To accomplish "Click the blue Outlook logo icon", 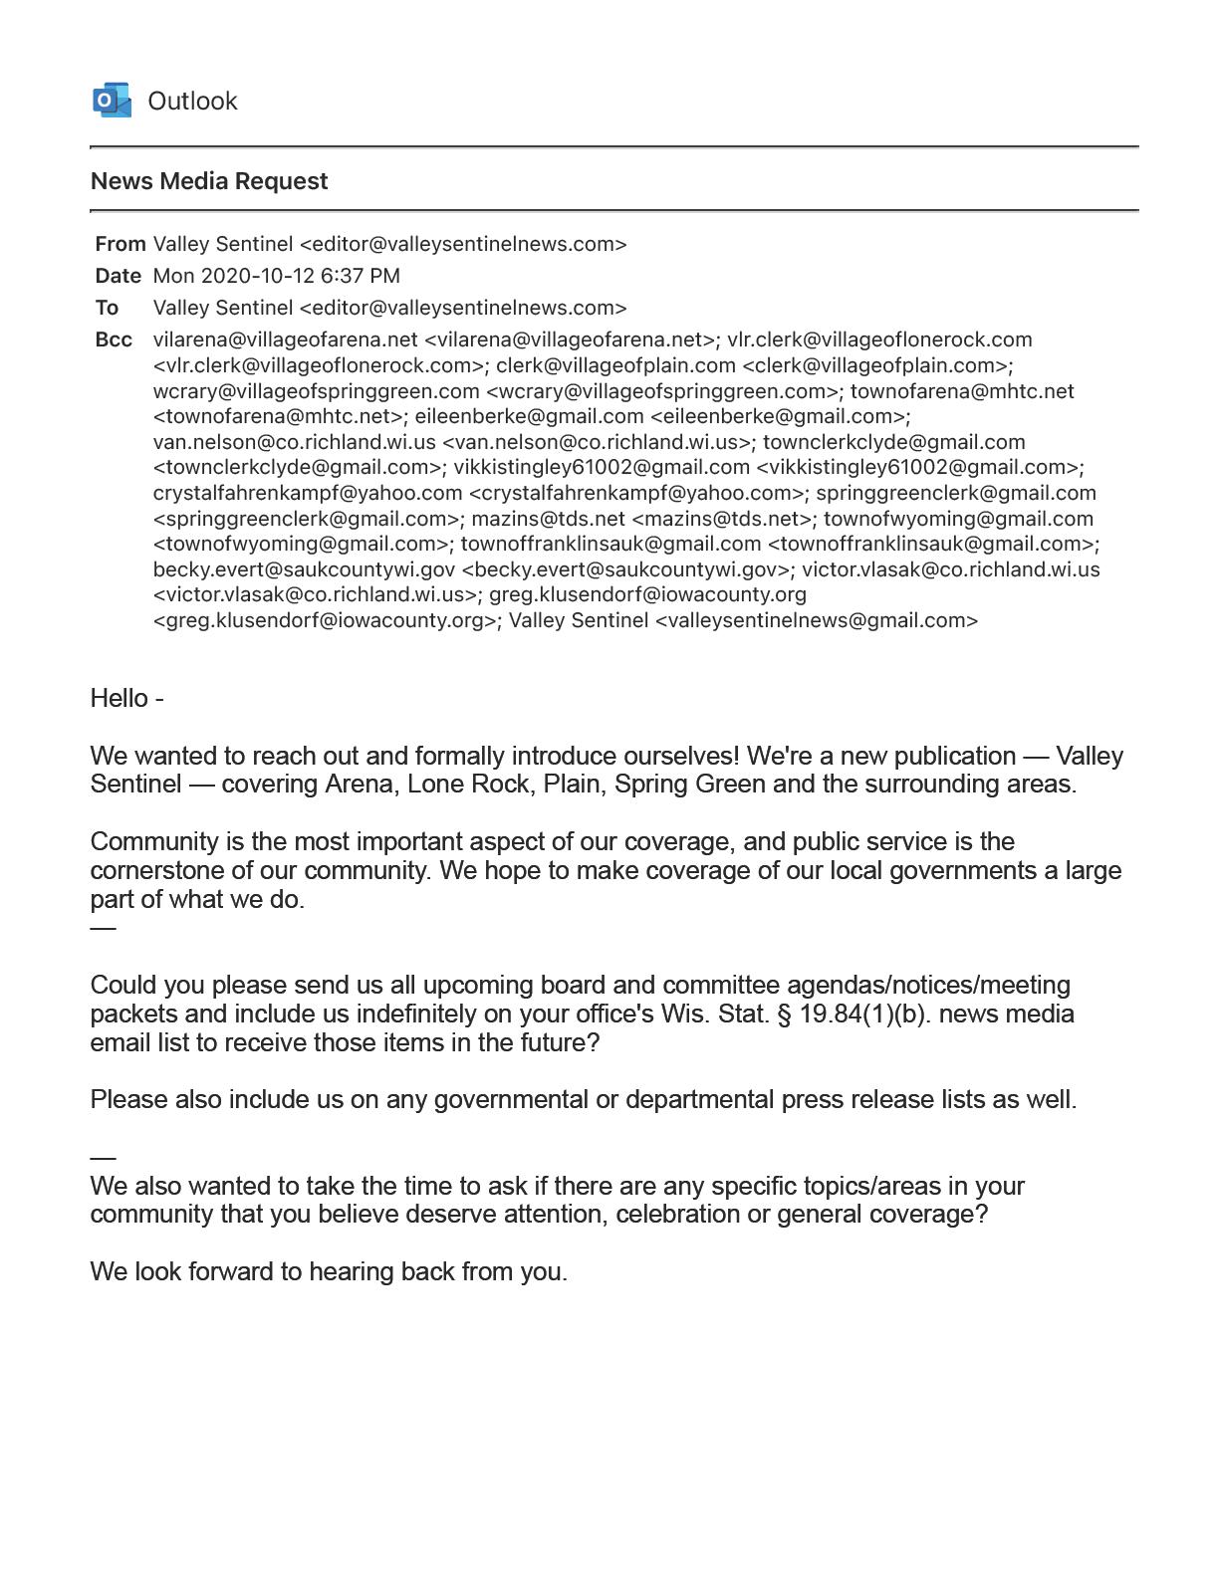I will (x=112, y=101).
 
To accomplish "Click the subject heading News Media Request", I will (x=209, y=181).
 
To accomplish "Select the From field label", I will (x=121, y=244).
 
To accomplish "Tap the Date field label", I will (x=118, y=276).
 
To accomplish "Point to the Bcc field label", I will (x=114, y=339).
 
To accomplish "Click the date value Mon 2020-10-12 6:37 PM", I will (x=276, y=276).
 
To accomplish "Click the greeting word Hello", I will (x=119, y=698).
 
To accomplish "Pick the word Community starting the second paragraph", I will (x=154, y=841).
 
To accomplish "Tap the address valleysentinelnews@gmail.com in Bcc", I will (x=817, y=620).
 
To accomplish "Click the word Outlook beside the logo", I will (x=192, y=101).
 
